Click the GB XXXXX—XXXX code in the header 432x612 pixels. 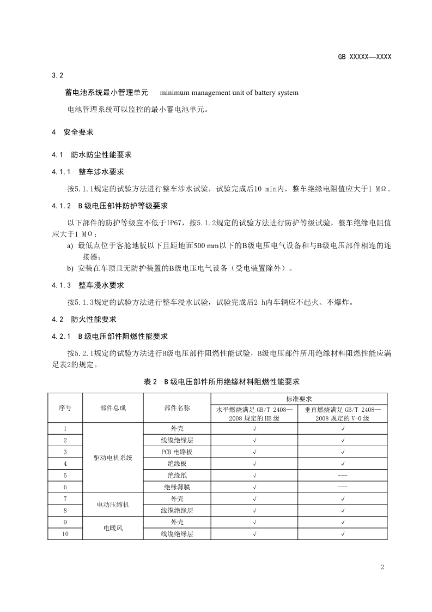coord(364,57)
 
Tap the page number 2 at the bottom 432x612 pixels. coord(382,567)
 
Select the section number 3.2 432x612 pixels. coord(58,75)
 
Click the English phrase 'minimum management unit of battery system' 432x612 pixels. coord(229,93)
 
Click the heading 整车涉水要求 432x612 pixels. coord(101,172)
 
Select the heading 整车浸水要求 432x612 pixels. coord(101,285)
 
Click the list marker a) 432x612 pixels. coord(70,246)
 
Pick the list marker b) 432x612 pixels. coord(70,268)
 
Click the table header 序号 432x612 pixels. coord(65,408)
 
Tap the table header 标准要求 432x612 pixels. coord(298,399)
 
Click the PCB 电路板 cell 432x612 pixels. coord(177,452)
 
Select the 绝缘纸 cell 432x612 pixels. coord(177,475)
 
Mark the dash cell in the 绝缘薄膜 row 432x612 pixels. coord(342,487)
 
